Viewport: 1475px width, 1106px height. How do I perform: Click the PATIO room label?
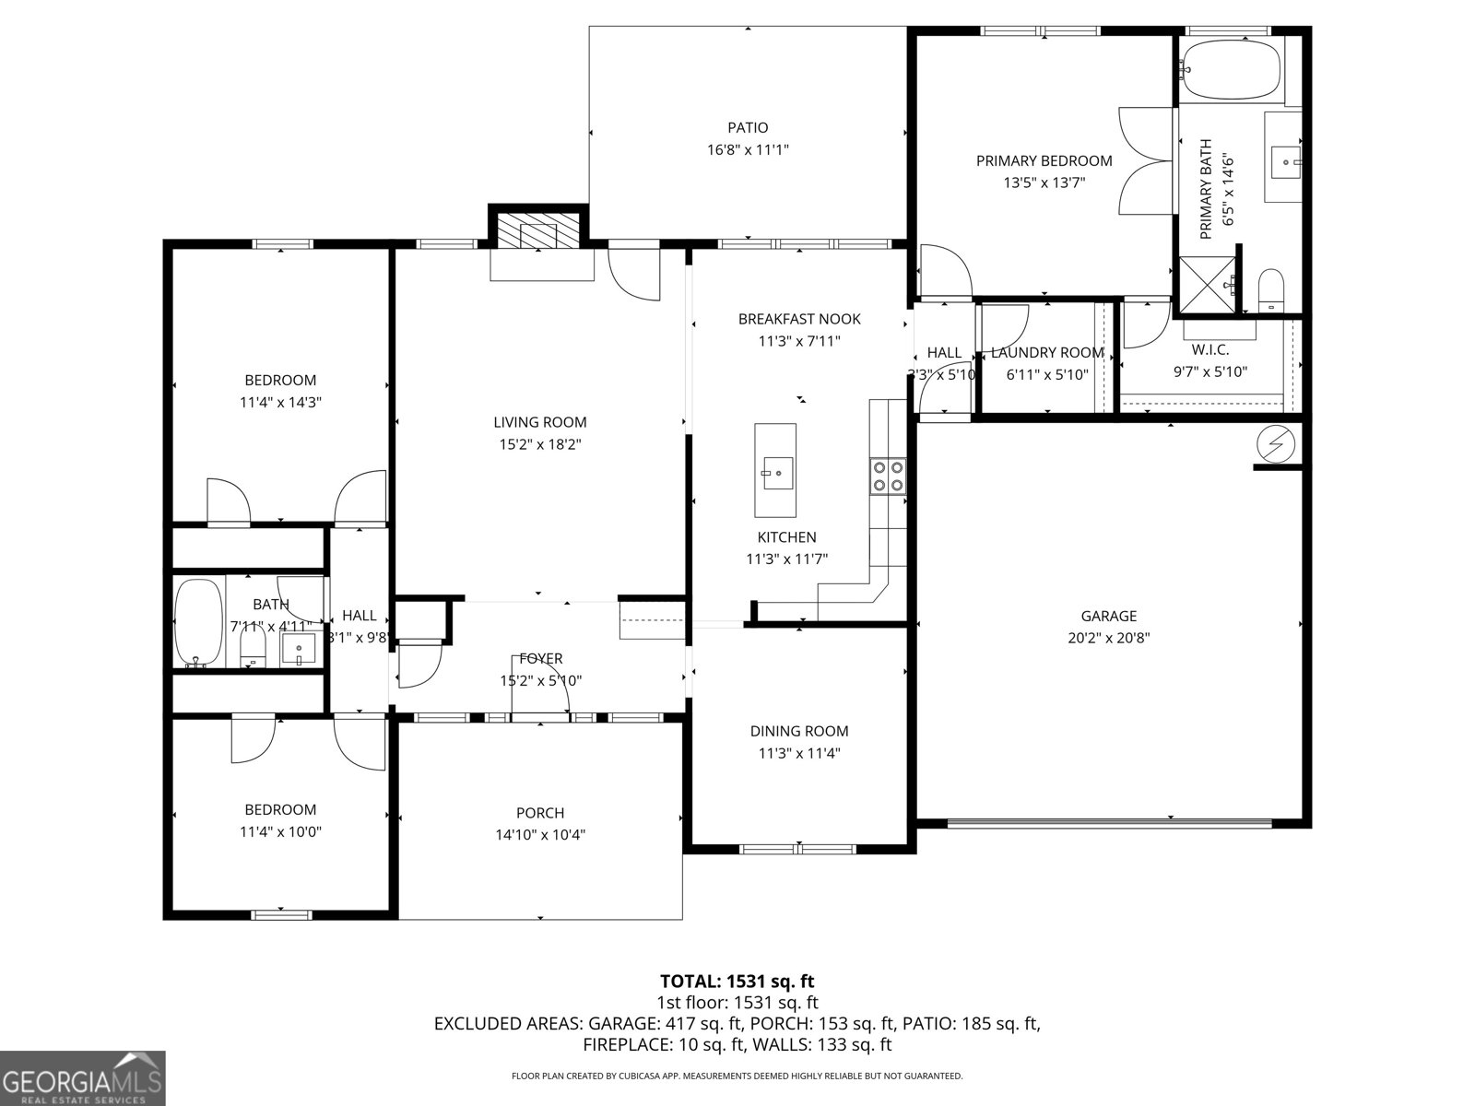tap(748, 128)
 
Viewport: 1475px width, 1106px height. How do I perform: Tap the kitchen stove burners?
tap(888, 476)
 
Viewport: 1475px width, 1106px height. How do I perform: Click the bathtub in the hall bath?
tap(198, 622)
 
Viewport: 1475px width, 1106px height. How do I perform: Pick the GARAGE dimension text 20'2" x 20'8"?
tap(1109, 638)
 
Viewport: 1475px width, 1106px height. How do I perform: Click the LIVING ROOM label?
tap(540, 423)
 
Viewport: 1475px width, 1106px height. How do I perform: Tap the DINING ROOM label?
tap(799, 731)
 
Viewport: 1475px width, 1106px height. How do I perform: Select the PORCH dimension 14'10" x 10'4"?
tap(540, 835)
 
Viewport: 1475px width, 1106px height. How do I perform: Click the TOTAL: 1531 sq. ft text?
tap(737, 982)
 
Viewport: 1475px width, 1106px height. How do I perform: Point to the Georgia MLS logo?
tap(83, 1077)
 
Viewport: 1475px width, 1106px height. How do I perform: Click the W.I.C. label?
tap(1210, 350)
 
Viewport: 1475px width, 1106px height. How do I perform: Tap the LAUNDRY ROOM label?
tap(1046, 353)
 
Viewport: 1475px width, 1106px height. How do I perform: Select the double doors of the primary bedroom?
tap(1143, 160)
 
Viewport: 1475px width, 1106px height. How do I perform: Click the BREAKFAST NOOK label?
tap(799, 319)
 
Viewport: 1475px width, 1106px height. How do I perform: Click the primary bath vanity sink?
tap(1285, 162)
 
